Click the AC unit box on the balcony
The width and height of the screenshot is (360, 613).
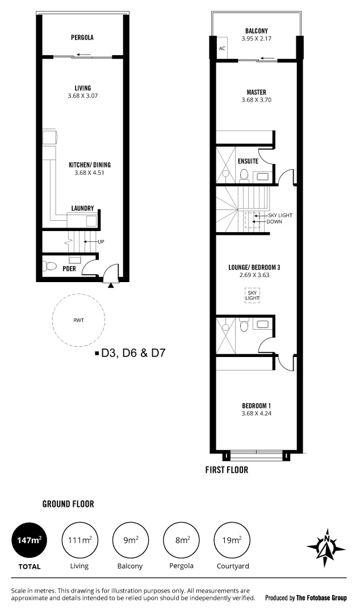222,48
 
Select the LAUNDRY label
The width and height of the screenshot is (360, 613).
82,208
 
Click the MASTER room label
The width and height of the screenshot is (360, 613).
256,92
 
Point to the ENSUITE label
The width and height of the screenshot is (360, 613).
248,161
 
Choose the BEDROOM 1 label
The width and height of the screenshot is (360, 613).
256,405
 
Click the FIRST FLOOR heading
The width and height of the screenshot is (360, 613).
227,470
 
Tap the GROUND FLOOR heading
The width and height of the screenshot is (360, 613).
68,503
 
